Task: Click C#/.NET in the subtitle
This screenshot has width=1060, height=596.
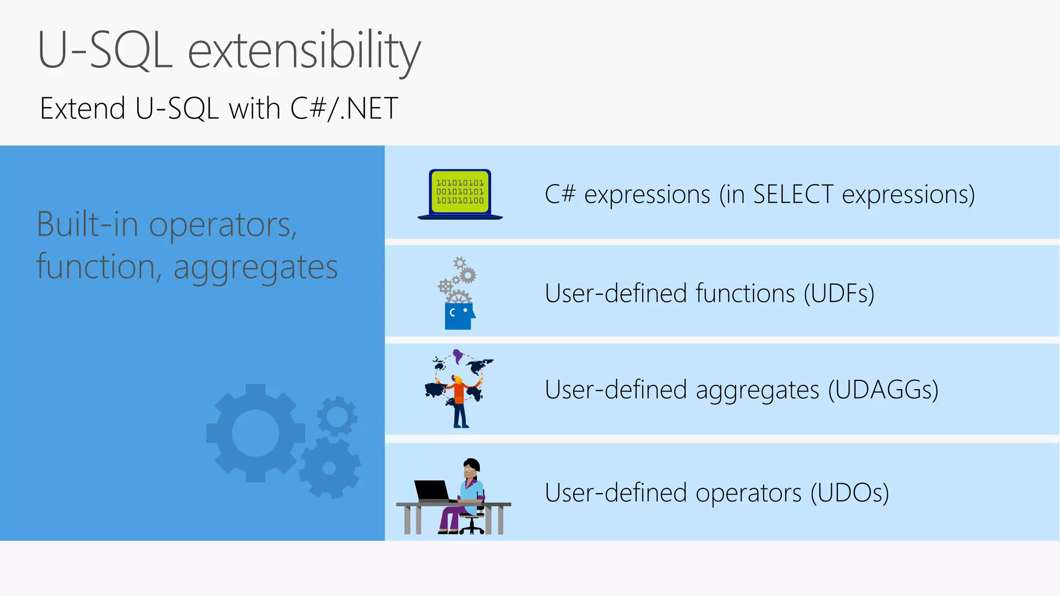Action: click(344, 109)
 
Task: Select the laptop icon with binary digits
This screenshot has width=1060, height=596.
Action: click(460, 194)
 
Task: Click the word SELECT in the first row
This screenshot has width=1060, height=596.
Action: click(793, 195)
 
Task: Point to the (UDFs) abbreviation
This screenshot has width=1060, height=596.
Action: click(838, 293)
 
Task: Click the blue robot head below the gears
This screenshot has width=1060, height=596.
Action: click(459, 316)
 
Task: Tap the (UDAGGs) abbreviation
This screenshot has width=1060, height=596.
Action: click(883, 390)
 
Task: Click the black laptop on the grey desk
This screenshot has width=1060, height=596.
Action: click(433, 490)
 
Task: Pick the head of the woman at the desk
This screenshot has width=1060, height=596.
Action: click(471, 469)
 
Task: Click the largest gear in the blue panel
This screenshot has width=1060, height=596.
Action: click(255, 433)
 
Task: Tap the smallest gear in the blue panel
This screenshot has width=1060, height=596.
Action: click(337, 416)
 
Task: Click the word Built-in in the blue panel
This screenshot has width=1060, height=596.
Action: click(87, 225)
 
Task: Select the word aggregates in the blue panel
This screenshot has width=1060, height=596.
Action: click(255, 268)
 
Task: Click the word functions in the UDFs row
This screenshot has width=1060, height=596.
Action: click(745, 293)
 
